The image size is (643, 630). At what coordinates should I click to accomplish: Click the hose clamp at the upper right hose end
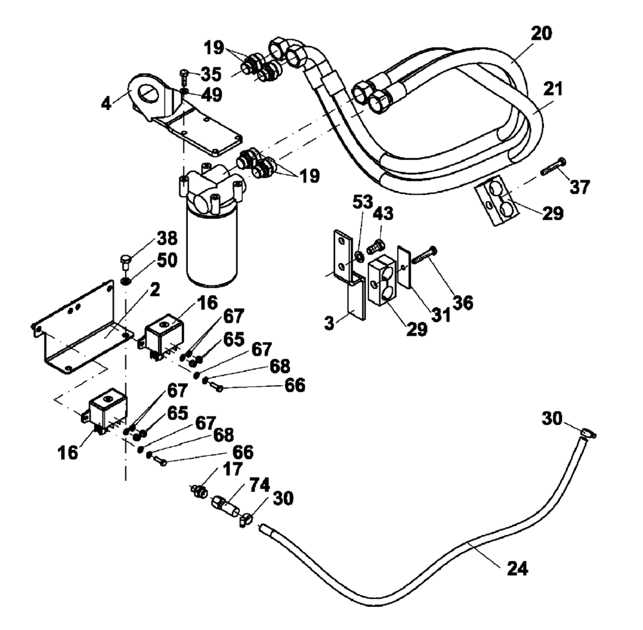[x=585, y=432]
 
